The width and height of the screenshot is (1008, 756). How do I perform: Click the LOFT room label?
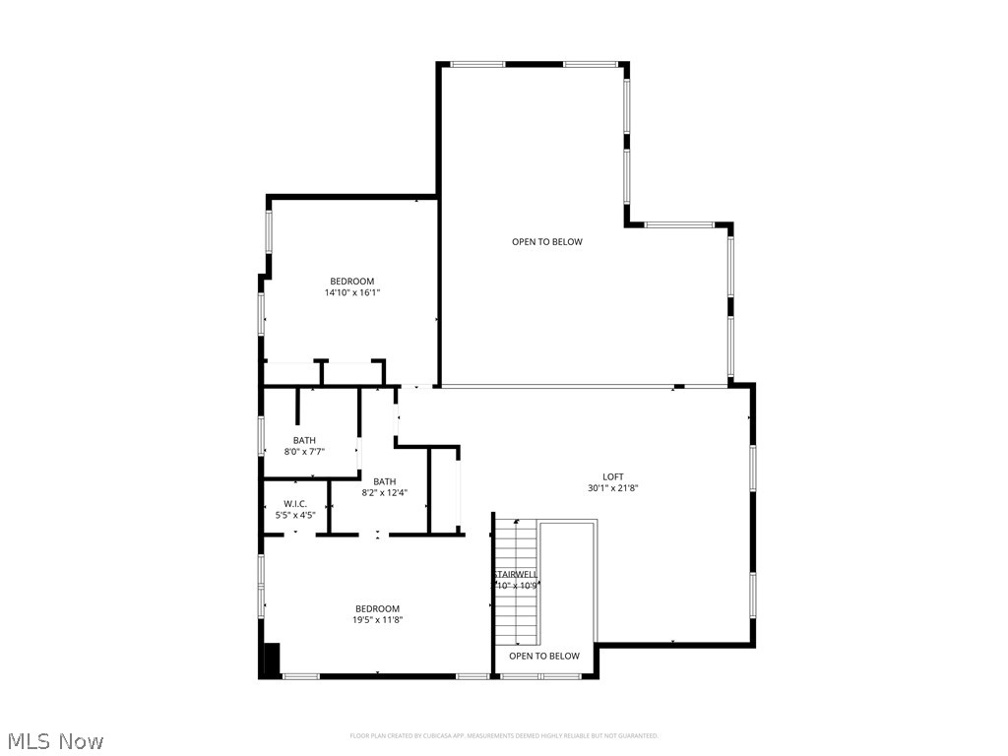613,477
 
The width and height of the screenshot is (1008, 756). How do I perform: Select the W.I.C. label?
295,503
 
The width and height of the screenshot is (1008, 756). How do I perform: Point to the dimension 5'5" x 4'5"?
295,514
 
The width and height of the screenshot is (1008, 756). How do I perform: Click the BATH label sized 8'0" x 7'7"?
304,440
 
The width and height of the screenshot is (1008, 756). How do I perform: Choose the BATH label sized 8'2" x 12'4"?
384,481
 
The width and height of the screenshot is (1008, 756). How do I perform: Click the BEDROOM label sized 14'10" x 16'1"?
351,282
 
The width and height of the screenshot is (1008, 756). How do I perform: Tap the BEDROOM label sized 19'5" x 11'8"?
378,608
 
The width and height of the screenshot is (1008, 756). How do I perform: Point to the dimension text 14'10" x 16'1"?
351,292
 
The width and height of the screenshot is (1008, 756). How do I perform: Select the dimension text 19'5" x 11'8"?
378,619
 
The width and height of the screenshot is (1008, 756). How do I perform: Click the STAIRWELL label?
515,574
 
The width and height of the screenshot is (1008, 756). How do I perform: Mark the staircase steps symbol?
516,600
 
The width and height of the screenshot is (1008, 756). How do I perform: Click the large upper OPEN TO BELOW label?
547,242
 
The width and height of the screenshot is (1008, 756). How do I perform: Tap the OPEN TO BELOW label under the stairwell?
544,656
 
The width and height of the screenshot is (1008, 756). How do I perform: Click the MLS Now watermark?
55,740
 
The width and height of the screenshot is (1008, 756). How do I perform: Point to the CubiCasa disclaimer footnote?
504,735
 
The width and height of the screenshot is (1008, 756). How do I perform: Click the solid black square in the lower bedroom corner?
271,658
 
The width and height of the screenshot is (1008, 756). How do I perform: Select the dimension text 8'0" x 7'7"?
304,451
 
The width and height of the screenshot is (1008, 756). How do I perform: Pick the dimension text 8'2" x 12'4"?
384,492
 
